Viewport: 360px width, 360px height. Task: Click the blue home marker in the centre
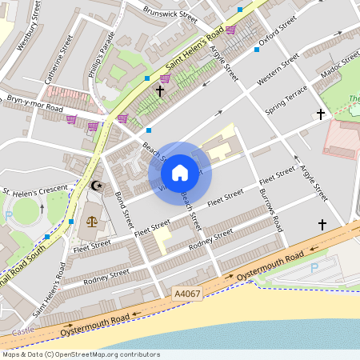click(180, 172)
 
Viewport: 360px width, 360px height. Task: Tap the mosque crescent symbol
click(98, 186)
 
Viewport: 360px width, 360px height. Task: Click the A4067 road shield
click(186, 294)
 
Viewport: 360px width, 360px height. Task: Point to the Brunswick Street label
click(170, 14)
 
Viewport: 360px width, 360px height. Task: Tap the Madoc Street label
click(341, 70)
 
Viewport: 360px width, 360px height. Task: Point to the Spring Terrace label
click(286, 97)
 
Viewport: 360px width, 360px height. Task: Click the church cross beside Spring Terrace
click(321, 114)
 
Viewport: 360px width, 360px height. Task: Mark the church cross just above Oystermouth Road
click(322, 224)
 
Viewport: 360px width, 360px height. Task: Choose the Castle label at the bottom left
click(23, 330)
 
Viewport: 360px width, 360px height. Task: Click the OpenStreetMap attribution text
click(80, 354)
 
